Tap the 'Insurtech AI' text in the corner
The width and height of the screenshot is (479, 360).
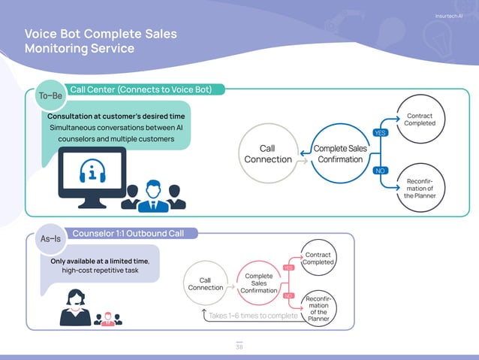point(449,17)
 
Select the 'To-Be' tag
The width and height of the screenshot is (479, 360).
point(52,95)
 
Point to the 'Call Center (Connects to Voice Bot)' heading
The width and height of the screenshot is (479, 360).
point(146,90)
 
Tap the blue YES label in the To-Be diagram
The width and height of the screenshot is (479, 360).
point(380,133)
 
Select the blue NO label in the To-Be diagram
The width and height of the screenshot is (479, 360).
point(380,171)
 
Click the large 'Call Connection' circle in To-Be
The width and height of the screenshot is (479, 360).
point(268,154)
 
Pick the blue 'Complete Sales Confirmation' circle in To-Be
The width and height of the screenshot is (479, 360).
point(340,153)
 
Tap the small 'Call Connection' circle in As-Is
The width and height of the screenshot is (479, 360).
point(205,284)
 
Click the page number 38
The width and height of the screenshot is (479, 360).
point(239,346)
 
